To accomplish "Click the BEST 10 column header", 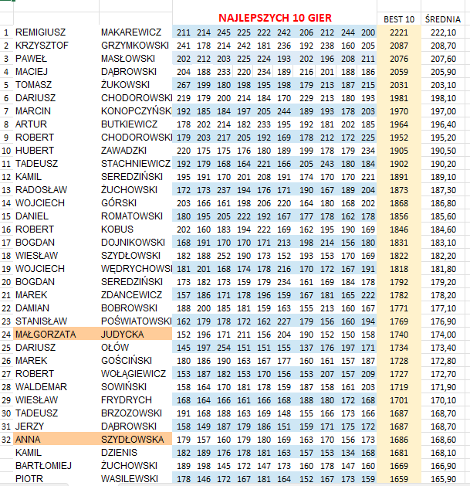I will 399,19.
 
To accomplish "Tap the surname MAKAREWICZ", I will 131,32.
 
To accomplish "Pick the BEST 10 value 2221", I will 399,32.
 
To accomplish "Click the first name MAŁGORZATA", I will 46,334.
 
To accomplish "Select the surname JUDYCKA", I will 123,334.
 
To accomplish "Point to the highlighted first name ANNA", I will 29,439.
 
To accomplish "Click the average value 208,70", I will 442,46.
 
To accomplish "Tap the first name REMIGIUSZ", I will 41,32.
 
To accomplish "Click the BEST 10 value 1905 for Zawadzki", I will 399,151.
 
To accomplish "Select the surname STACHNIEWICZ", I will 137,164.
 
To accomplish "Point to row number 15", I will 6,216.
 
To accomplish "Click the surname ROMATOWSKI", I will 132,216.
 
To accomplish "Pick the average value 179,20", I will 442,282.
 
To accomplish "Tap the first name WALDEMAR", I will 41,386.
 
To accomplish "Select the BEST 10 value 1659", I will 399,478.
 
